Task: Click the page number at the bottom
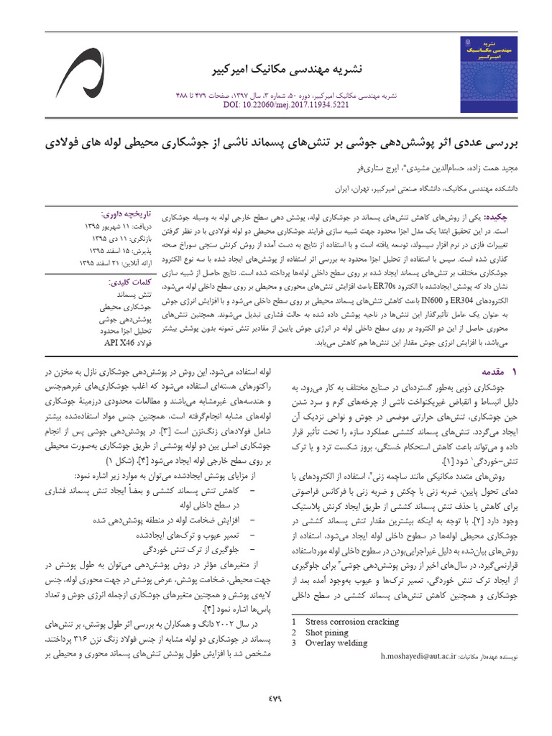[276, 697]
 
